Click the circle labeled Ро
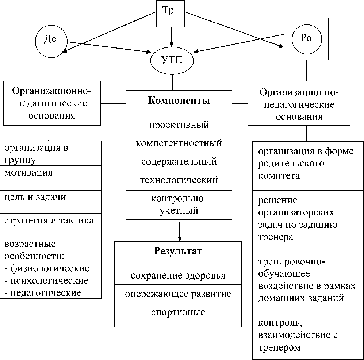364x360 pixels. click(306, 39)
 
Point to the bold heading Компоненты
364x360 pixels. click(179, 101)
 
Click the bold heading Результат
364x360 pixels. click(178, 251)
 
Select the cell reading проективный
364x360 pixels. click(179, 125)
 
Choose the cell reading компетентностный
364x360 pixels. click(179, 142)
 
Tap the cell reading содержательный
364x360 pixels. click(179, 161)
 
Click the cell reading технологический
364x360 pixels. click(179, 180)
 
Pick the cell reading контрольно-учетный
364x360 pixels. click(179, 204)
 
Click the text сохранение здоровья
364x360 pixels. click(178, 275)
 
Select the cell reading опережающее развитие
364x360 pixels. click(178, 294)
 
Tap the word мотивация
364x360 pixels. click(28, 172)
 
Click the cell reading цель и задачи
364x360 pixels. click(35, 197)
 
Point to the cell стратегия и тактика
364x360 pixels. click(49, 221)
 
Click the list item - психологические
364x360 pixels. click(47, 281)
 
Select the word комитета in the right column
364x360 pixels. click(279, 176)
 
